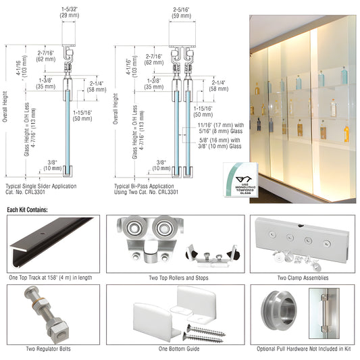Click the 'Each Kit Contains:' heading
pos(28,210)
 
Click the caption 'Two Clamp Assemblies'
pos(302,278)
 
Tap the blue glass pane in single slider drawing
pos(70,128)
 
